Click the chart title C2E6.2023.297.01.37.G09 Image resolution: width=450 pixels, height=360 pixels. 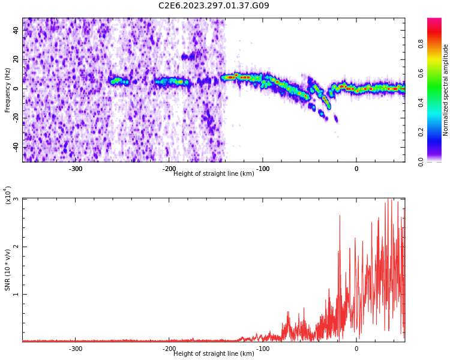(x=214, y=6)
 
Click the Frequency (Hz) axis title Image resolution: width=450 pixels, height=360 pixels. (x=8, y=90)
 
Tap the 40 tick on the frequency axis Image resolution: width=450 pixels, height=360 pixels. (x=16, y=30)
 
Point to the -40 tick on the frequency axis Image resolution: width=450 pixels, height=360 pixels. (x=16, y=146)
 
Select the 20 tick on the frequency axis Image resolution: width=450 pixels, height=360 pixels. (x=16, y=59)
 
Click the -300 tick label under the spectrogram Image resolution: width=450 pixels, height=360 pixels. (x=76, y=169)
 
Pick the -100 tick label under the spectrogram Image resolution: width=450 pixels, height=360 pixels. (x=262, y=169)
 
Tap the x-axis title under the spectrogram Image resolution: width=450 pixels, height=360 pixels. (x=214, y=174)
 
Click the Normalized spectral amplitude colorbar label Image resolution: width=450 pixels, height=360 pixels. (x=446, y=90)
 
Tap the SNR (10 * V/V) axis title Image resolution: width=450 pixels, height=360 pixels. (x=8, y=270)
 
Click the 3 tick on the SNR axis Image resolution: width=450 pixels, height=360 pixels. (x=16, y=199)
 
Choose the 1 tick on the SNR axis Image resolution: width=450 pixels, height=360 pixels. (x=16, y=294)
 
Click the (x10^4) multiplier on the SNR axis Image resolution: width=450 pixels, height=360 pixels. (x=8, y=196)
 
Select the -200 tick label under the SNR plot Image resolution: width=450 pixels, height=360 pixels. (x=169, y=349)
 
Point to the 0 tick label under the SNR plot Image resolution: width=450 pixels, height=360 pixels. (x=356, y=349)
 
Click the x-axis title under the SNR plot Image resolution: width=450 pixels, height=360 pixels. (x=214, y=354)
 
